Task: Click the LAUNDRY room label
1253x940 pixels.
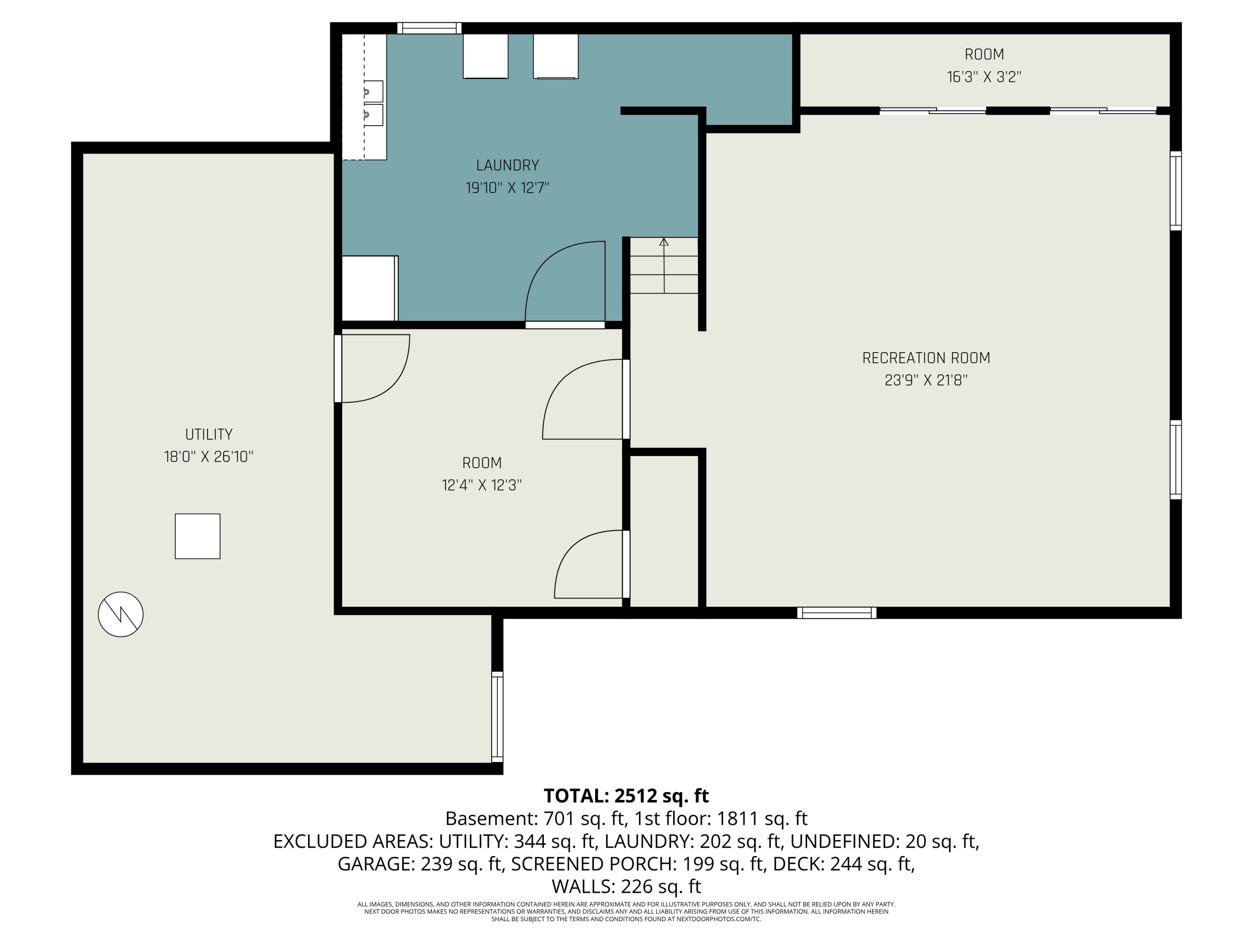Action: (507, 165)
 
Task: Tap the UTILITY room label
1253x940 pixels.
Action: (208, 434)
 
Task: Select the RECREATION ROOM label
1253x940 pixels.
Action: (926, 358)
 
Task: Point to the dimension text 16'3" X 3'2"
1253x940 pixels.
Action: (984, 77)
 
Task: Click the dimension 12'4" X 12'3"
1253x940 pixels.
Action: (482, 485)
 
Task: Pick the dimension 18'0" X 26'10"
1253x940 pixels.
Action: (208, 457)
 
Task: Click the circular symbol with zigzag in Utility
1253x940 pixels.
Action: (121, 614)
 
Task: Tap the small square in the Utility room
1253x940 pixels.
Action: (198, 536)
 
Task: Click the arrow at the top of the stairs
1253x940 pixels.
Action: (664, 242)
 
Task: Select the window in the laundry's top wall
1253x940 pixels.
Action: (429, 28)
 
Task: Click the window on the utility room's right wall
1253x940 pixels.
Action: (497, 717)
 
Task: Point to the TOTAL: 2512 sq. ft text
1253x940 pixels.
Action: (626, 796)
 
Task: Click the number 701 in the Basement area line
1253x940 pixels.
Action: (558, 819)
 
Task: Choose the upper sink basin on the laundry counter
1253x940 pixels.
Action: (373, 91)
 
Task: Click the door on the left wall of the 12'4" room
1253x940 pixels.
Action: (338, 368)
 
